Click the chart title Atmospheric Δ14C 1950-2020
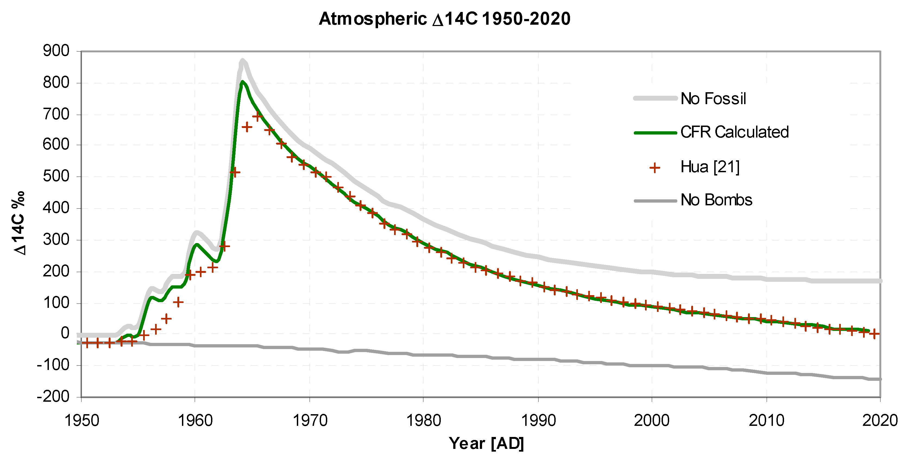tap(445, 19)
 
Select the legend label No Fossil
tap(713, 99)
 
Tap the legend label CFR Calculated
tap(734, 132)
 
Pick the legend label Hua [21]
tap(710, 167)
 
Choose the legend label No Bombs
tap(716, 200)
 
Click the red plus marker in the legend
tap(655, 168)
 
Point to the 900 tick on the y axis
tap(56, 51)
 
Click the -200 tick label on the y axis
tap(53, 397)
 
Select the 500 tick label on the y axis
tap(56, 176)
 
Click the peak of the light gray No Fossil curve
tap(242, 60)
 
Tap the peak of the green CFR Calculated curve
tap(242, 82)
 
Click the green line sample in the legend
tap(655, 133)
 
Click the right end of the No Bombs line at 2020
tap(880, 379)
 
